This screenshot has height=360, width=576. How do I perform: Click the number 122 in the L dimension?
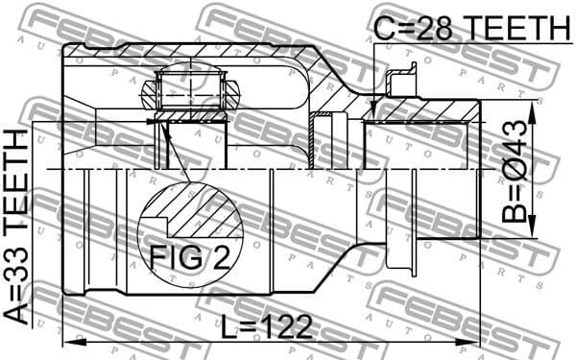pyautogui.click(x=287, y=326)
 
